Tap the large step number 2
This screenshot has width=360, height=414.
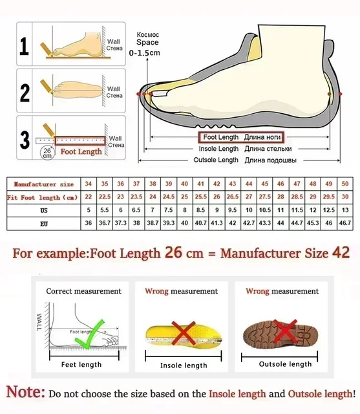pos(25,93)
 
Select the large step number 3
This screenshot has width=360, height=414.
pos(25,140)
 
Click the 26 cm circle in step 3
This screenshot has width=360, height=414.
pos(47,153)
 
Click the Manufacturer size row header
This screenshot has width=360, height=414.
pos(40,184)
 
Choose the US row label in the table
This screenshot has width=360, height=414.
pos(43,210)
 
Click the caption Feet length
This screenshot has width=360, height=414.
pos(81,365)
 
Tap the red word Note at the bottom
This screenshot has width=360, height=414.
pos(26,392)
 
